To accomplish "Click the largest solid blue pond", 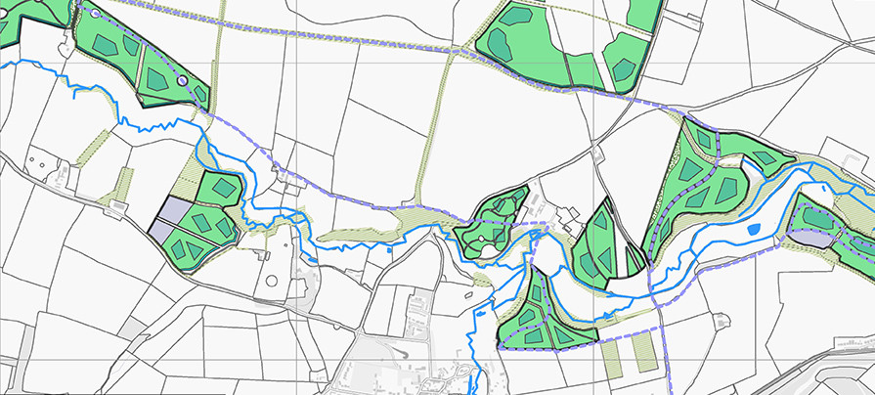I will (753, 230).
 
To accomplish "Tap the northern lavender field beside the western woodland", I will (177, 209).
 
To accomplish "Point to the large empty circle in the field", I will (272, 282).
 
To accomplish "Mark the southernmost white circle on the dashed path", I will (182, 81).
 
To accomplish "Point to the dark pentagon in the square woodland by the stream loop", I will (225, 186).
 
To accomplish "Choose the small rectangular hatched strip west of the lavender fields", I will (124, 182).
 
